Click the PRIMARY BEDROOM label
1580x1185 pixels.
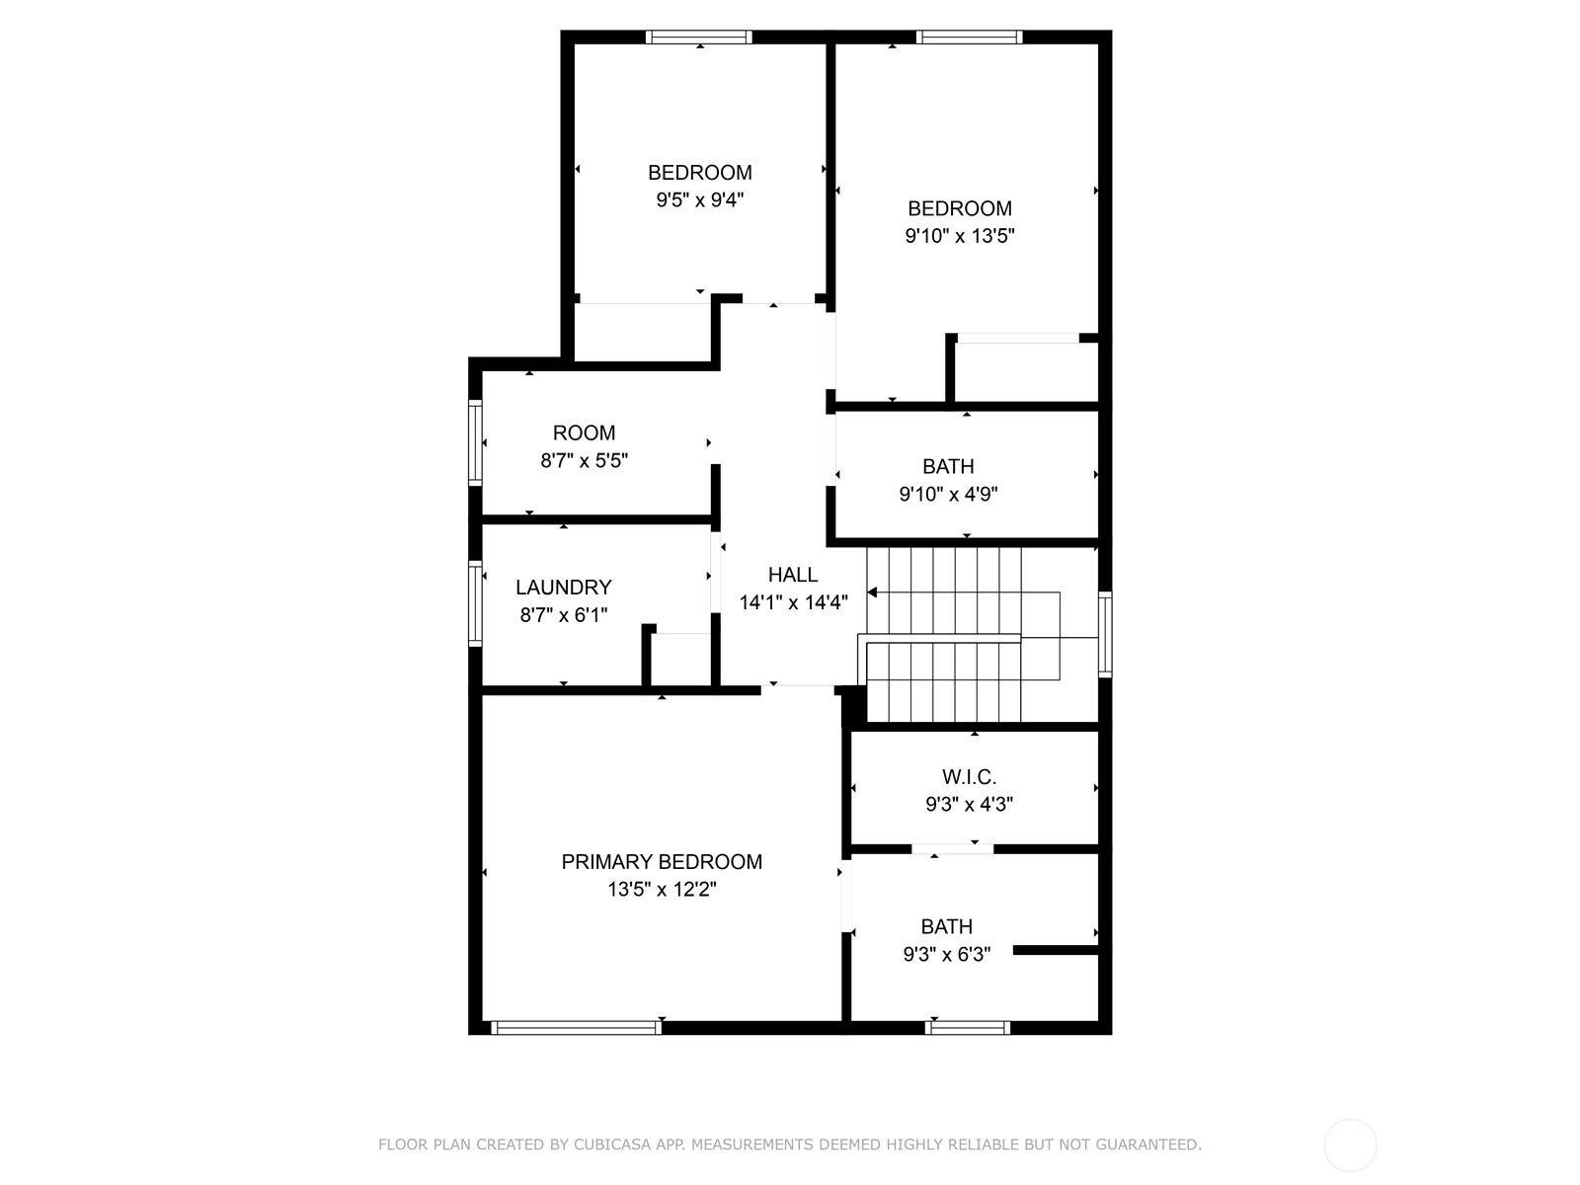coord(662,862)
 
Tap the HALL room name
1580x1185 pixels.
coord(793,575)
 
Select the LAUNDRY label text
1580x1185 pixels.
coord(564,588)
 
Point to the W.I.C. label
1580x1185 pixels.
coord(969,777)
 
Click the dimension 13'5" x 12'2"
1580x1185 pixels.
coord(662,890)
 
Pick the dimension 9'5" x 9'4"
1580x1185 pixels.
coord(700,199)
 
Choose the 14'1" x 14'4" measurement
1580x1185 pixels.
coord(793,602)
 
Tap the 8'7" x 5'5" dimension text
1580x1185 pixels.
coord(585,460)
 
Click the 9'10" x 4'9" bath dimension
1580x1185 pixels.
coord(948,495)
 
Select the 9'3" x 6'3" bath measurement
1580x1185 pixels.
coord(947,954)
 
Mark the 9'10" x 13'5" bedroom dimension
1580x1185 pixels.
coord(960,236)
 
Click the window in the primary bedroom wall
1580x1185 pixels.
coord(576,1027)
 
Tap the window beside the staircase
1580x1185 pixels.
coord(1105,634)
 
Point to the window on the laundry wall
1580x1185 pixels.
coord(475,603)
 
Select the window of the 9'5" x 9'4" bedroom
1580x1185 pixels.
coord(698,38)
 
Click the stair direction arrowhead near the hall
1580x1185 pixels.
coord(872,592)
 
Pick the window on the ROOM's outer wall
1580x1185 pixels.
coord(475,442)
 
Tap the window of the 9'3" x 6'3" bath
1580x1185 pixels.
coord(968,1027)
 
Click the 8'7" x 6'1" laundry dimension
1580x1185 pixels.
coord(564,615)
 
